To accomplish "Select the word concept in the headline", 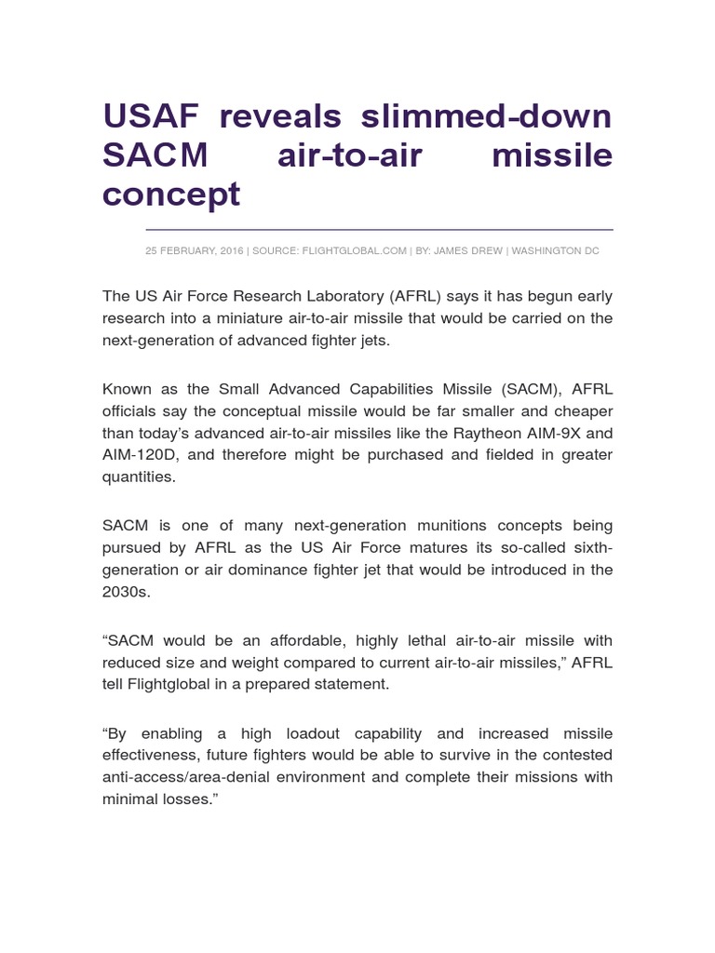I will tap(171, 194).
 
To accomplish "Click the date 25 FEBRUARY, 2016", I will tap(194, 251).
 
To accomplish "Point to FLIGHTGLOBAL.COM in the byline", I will tap(357, 251).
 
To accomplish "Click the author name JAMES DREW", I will tap(469, 251).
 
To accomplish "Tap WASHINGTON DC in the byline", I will tap(556, 251).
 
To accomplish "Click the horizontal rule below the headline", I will tap(379, 229).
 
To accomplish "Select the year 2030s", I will tap(126, 592).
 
